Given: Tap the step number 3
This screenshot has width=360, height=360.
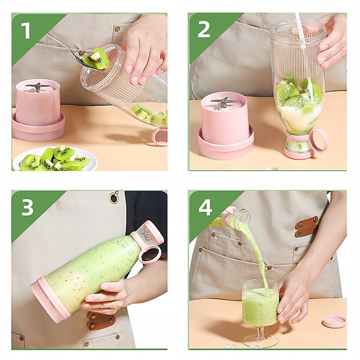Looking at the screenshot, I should pyautogui.click(x=26, y=206).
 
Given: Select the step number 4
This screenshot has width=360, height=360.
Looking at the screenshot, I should pyautogui.click(x=205, y=206).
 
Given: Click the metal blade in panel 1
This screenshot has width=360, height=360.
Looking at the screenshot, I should pyautogui.click(x=39, y=87).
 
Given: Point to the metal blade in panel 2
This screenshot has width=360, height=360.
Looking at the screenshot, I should pyautogui.click(x=224, y=102).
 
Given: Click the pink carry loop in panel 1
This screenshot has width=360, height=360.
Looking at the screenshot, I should pyautogui.click(x=159, y=135).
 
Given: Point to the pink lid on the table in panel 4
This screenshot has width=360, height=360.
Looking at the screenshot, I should pyautogui.click(x=333, y=321).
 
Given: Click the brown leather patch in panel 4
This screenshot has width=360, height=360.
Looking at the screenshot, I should pyautogui.click(x=306, y=225).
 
